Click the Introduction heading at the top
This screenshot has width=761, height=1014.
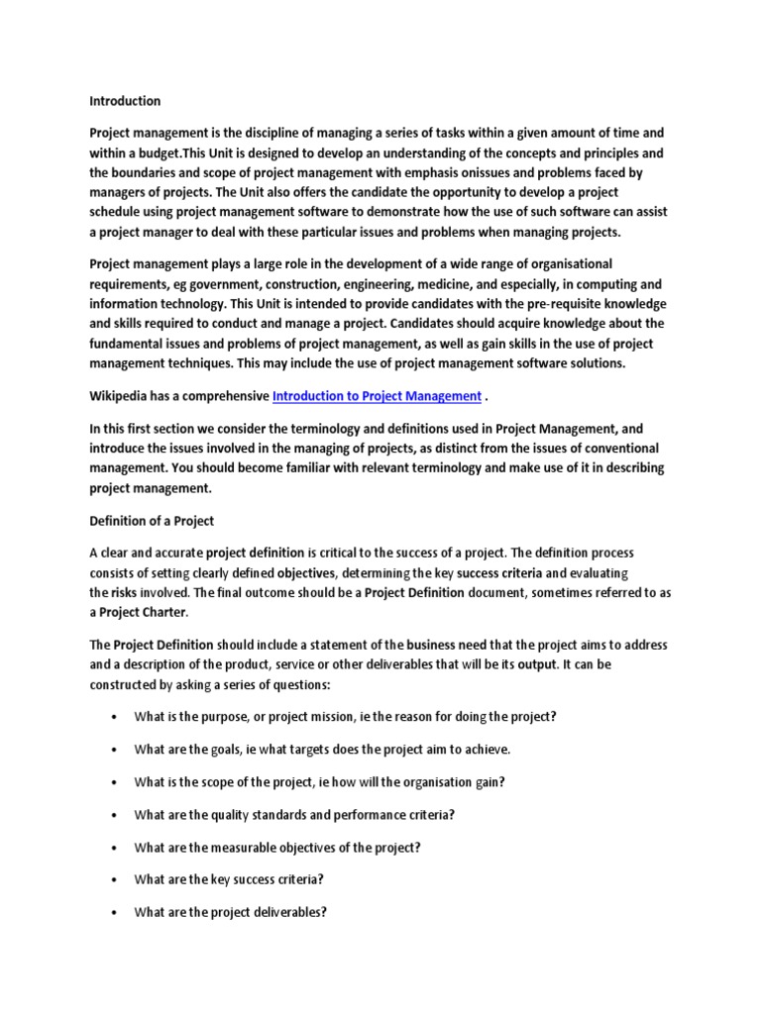(x=125, y=101)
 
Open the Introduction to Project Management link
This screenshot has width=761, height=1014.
(x=377, y=396)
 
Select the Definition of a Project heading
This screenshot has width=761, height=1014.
(x=152, y=521)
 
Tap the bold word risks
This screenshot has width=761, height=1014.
(x=124, y=592)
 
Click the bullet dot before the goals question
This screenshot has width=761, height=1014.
(x=116, y=750)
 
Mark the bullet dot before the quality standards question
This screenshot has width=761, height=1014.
(x=116, y=815)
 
